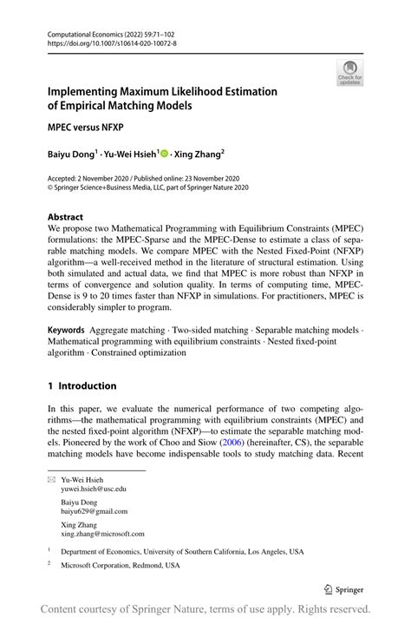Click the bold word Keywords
66,331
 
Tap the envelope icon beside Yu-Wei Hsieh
51,479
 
